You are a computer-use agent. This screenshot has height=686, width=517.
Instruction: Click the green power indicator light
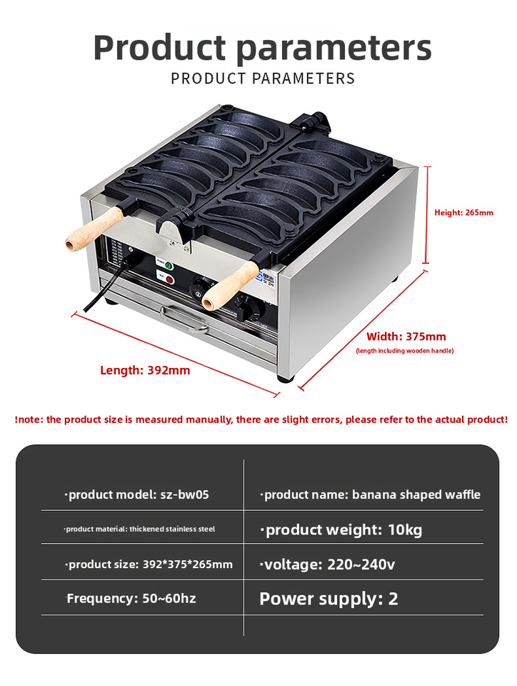[169, 266]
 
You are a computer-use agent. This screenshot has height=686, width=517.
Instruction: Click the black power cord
[107, 286]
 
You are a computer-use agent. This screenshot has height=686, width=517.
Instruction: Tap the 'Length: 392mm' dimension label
[145, 370]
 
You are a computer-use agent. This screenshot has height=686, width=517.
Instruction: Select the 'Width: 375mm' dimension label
[406, 337]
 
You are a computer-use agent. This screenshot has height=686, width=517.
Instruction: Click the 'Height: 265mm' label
[463, 212]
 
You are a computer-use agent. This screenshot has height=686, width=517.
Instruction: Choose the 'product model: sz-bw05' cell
[137, 494]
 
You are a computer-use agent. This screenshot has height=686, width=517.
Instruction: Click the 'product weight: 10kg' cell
[342, 530]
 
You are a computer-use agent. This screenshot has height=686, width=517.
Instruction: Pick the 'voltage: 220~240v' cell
[328, 565]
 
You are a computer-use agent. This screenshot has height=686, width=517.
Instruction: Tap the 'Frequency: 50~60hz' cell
[131, 598]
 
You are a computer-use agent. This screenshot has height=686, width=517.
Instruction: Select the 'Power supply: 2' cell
[328, 599]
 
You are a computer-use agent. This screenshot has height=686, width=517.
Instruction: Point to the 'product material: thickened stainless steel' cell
[139, 530]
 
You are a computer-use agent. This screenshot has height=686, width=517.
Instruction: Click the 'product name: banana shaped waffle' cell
[370, 494]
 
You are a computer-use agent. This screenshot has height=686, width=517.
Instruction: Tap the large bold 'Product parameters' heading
[262, 47]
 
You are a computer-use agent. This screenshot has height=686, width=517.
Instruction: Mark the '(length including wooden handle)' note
[405, 351]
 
